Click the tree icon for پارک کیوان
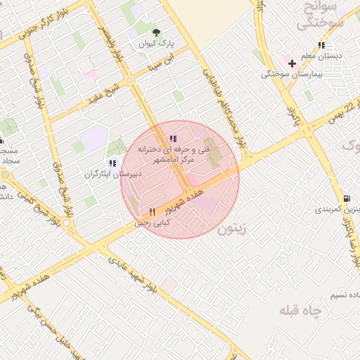(156, 32)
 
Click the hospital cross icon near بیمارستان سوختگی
(292, 63)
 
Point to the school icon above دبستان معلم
(323, 45)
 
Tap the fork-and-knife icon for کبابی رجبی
(152, 212)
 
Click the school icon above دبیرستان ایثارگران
(112, 163)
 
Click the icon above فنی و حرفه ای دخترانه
(173, 139)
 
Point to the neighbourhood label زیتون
(233, 229)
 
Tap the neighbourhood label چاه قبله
(299, 310)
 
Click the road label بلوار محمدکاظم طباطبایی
(224, 106)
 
